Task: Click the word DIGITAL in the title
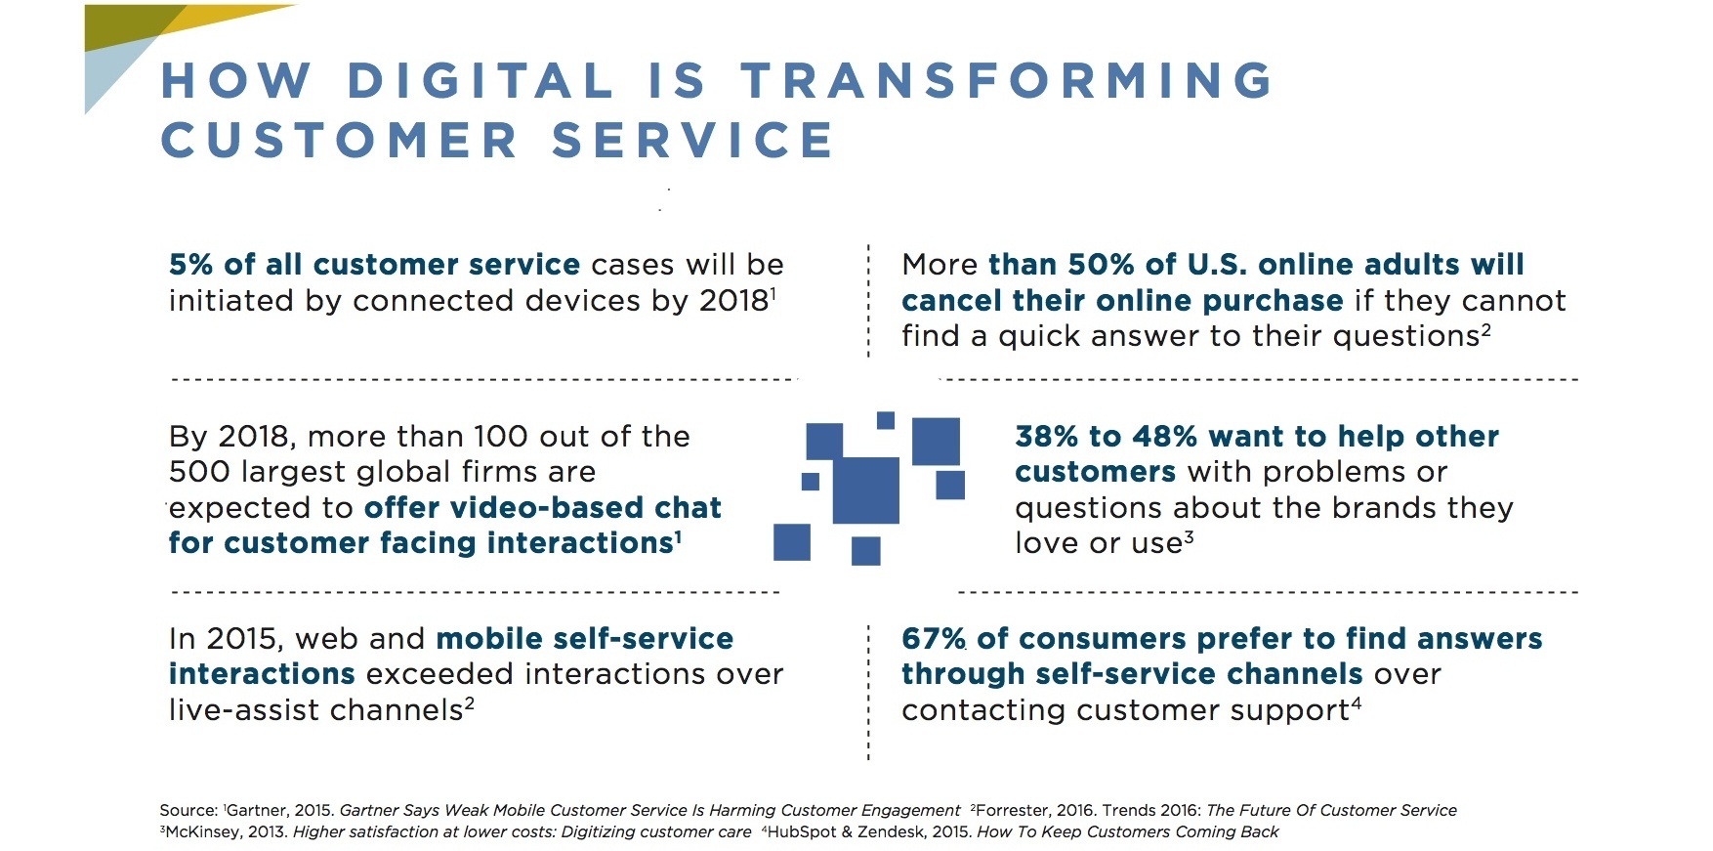click(480, 80)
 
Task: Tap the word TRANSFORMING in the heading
click(1007, 80)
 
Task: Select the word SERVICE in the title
click(692, 141)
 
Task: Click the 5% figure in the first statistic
click(190, 265)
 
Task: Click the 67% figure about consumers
click(934, 639)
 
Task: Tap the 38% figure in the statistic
click(1047, 437)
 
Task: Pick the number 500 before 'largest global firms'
click(200, 472)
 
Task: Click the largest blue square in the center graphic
click(865, 489)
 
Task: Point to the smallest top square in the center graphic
click(886, 420)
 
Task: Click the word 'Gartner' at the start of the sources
click(256, 811)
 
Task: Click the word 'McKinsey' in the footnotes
click(201, 832)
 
